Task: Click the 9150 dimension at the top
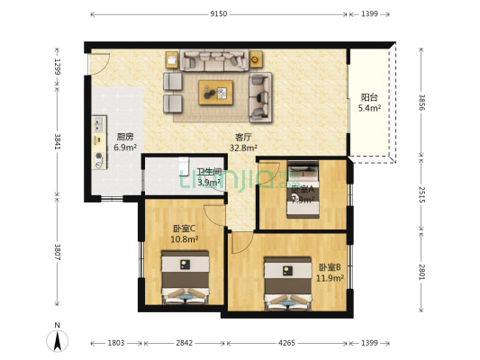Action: click(x=219, y=14)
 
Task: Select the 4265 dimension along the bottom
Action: click(x=286, y=343)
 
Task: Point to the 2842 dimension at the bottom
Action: click(x=183, y=343)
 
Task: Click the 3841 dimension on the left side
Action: click(x=57, y=140)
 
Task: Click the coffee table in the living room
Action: click(x=217, y=92)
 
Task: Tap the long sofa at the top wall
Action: click(x=213, y=60)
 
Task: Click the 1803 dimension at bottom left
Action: click(x=116, y=343)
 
